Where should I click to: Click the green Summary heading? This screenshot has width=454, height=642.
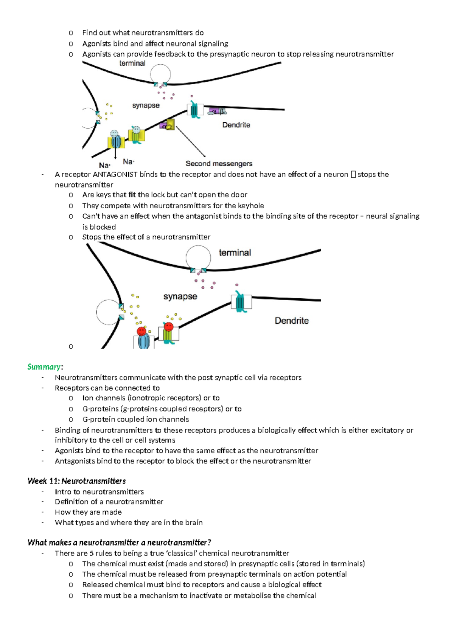(44, 367)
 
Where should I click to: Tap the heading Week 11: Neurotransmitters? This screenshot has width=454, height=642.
(76, 481)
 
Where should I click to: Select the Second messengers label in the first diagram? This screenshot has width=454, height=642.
(219, 163)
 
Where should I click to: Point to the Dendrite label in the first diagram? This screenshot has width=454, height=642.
(236, 125)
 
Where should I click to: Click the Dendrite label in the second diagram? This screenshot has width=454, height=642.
(291, 321)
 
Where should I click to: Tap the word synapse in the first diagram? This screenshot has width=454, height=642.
(146, 105)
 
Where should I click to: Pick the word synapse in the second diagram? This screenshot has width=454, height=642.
(180, 296)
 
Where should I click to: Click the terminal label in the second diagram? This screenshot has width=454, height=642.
(235, 253)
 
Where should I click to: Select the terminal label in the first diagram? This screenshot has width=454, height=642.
(132, 63)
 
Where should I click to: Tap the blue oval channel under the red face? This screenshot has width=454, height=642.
(144, 341)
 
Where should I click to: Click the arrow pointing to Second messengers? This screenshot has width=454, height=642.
(190, 141)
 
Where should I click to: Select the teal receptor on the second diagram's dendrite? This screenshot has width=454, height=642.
(240, 302)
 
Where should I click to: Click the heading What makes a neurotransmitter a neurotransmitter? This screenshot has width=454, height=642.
(119, 543)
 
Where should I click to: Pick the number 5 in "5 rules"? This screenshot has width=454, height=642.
(92, 553)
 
